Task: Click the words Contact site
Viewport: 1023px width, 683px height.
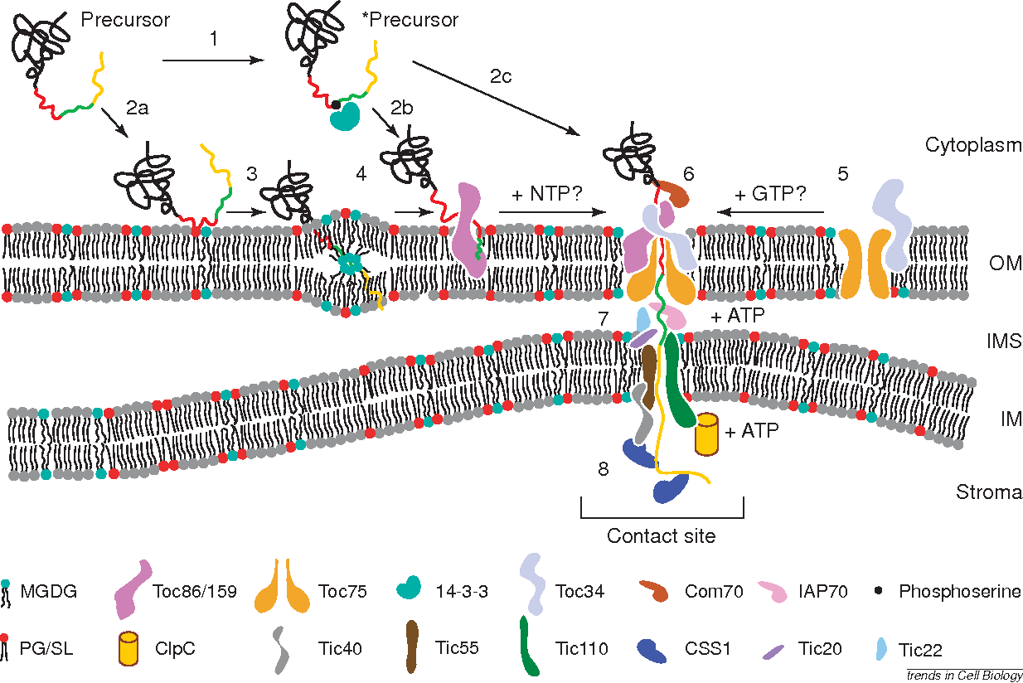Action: point(661,536)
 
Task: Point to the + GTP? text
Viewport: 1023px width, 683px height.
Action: point(772,196)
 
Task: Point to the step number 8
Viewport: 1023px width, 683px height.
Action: point(604,470)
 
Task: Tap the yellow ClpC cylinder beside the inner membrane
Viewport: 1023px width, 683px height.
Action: point(705,434)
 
